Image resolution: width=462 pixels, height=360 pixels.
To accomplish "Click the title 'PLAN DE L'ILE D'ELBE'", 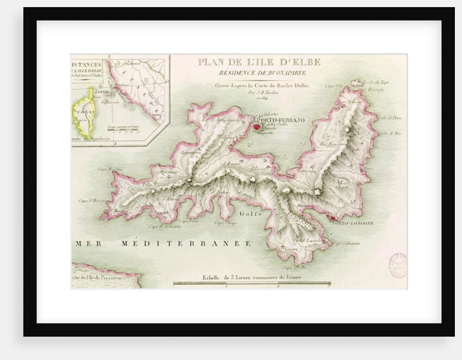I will [259, 62].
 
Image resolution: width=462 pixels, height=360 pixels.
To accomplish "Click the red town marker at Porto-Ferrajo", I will [257, 127].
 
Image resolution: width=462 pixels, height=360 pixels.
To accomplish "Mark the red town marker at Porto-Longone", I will [331, 219].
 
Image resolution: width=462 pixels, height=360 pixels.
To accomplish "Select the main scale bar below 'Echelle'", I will [252, 283].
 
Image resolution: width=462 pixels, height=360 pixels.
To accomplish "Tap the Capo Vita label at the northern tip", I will [333, 85].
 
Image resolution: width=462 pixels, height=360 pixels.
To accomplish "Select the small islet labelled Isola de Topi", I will [357, 83].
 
